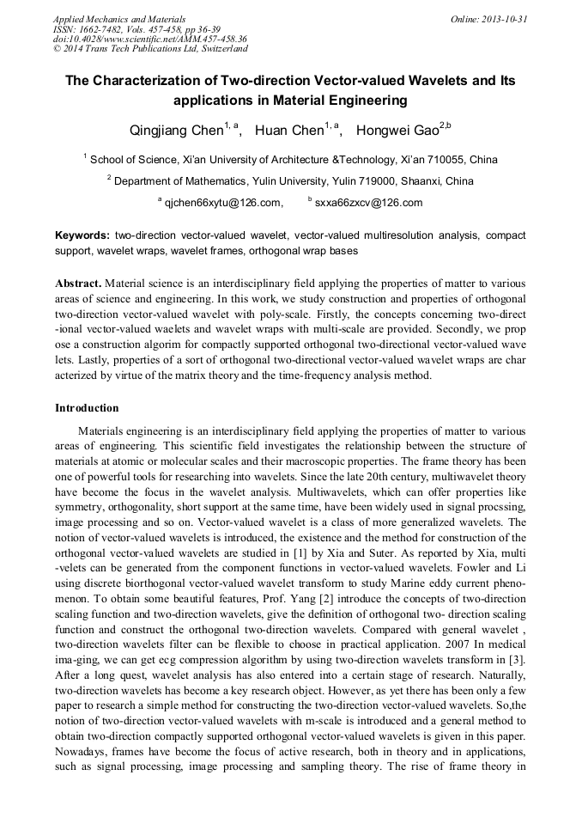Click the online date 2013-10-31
(x=505, y=18)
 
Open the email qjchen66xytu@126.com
(x=223, y=203)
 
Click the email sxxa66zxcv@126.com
(x=368, y=203)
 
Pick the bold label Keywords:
(x=82, y=235)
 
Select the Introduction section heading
(x=87, y=407)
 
